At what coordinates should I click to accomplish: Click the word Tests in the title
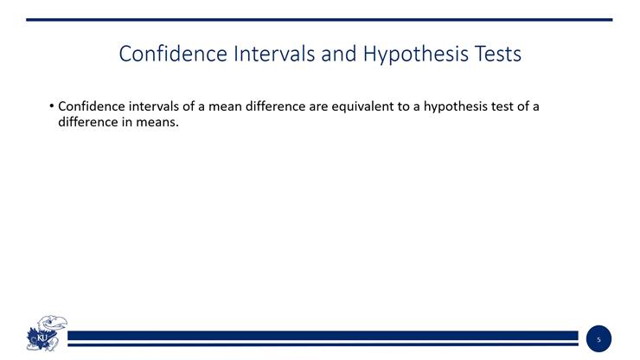(496, 54)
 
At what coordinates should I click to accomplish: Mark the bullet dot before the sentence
(51, 106)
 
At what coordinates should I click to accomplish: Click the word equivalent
(367, 106)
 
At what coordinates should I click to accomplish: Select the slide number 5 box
(598, 339)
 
